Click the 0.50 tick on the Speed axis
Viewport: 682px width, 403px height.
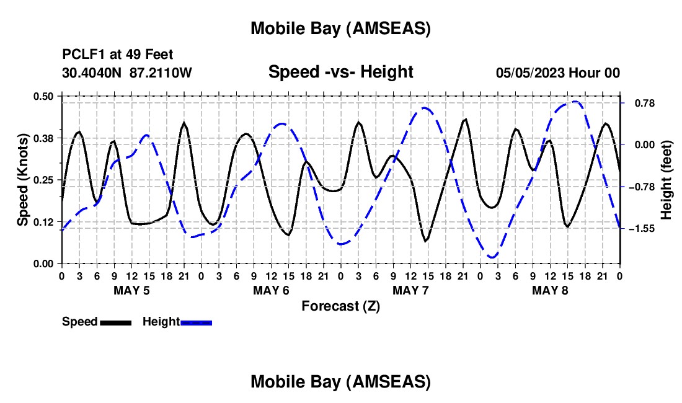point(43,96)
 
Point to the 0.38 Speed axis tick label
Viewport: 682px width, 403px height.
point(43,138)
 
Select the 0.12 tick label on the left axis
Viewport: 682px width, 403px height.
point(43,222)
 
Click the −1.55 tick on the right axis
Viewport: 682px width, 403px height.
point(642,229)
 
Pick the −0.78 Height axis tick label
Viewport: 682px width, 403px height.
point(642,187)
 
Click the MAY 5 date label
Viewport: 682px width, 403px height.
point(131,290)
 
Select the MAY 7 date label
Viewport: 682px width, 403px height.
point(410,290)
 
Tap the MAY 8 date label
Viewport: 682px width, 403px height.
point(550,290)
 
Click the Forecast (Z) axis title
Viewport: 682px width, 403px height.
point(340,306)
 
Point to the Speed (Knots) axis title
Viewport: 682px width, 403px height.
point(23,180)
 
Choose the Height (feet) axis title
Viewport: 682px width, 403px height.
point(666,180)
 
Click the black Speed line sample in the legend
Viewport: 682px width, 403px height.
point(115,322)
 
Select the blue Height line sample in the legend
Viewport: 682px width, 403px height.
point(196,322)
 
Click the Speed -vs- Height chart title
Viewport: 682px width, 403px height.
point(340,72)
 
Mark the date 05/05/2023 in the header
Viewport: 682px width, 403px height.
point(528,73)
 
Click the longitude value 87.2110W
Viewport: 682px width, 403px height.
point(161,73)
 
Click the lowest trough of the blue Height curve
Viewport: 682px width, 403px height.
point(492,257)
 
